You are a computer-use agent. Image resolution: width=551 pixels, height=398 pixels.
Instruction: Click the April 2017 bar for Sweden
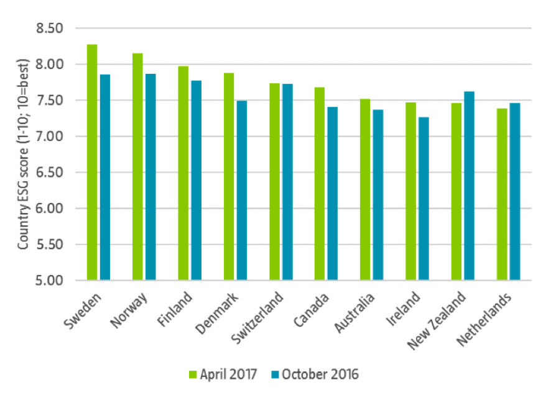pos(92,162)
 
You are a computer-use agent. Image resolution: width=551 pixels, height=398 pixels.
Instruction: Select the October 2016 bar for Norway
pos(150,177)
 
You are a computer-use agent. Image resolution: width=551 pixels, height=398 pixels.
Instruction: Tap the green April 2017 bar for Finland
pos(183,173)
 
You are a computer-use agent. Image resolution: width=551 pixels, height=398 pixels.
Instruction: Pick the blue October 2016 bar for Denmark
pos(241,190)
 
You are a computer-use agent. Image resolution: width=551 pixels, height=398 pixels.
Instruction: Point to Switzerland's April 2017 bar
pos(274,181)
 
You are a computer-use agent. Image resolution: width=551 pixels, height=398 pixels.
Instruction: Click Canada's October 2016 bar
pos(333,193)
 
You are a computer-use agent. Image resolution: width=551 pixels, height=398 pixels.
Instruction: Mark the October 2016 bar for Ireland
pos(424,198)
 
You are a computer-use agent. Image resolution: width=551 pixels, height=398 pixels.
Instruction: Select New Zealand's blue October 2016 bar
pos(470,186)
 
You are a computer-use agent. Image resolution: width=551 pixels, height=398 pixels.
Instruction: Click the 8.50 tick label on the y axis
pos(52,29)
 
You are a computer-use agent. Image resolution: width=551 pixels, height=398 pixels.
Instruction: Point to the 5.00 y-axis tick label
pos(52,281)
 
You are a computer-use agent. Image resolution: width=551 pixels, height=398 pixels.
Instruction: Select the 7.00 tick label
pos(52,137)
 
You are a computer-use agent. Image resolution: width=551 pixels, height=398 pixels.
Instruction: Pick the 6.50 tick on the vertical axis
pos(52,173)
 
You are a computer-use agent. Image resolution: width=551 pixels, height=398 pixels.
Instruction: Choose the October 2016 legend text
pos(320,374)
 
